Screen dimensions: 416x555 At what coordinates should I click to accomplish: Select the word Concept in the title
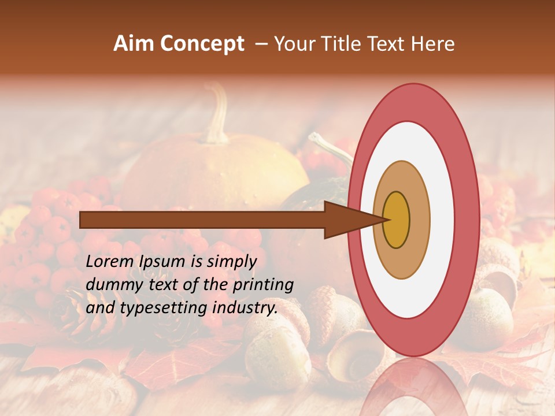click(x=202, y=44)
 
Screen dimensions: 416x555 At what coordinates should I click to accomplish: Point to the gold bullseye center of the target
click(x=397, y=220)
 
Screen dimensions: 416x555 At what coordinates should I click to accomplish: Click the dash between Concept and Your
click(x=261, y=44)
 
